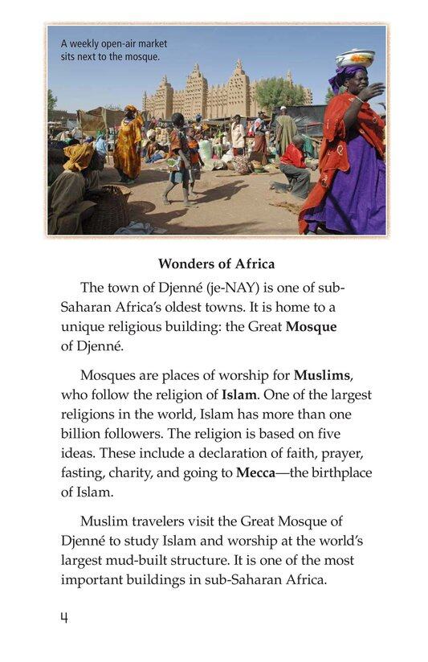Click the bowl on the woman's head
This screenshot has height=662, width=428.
tap(355, 58)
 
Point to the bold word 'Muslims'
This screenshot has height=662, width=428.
tap(323, 374)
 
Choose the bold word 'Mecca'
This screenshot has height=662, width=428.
tap(256, 473)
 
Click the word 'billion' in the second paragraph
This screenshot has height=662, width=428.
tap(86, 435)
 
